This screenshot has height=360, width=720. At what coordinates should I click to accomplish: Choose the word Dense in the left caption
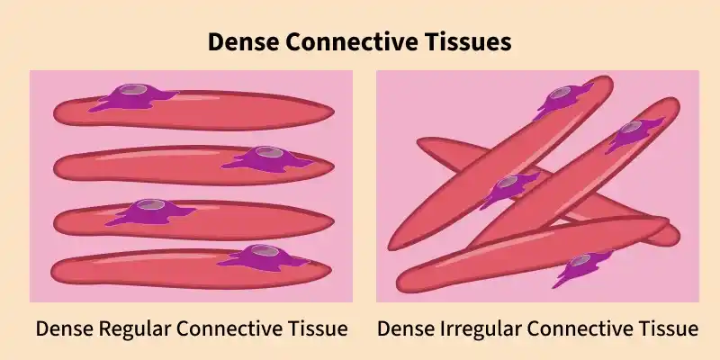tap(59, 328)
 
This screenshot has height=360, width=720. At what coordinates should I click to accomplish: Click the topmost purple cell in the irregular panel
tap(565, 97)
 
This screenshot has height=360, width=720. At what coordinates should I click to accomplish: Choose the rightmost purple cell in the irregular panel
tap(638, 132)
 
